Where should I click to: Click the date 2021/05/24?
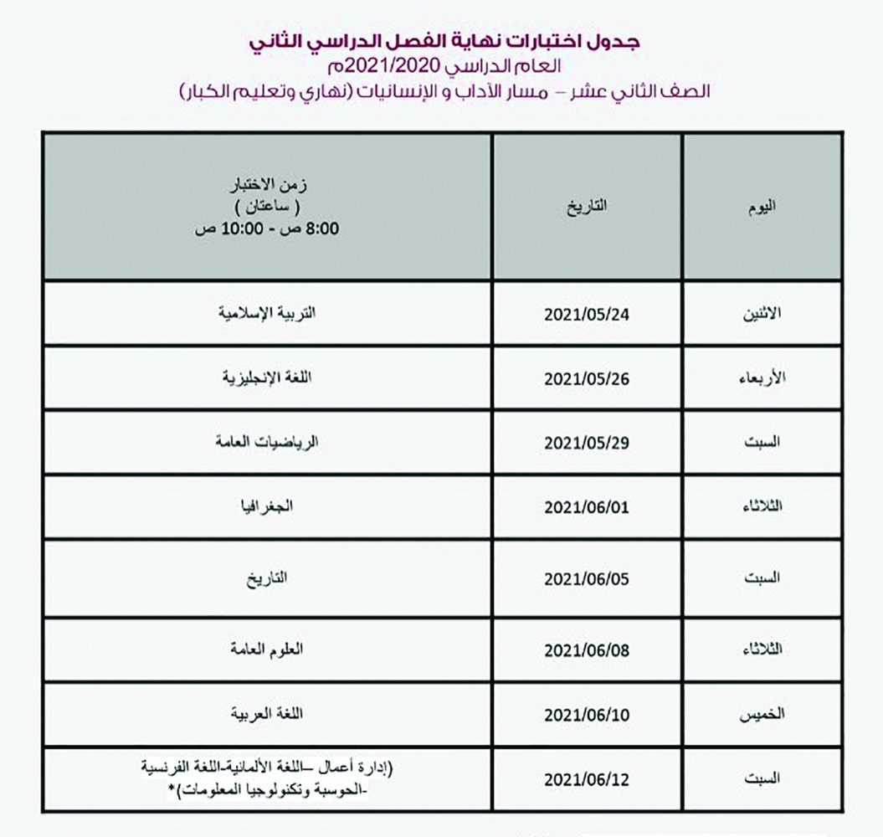tap(586, 315)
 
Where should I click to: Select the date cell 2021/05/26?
tap(586, 378)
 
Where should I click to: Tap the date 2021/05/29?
tap(586, 444)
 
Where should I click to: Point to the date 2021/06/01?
tap(586, 508)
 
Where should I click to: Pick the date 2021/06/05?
tap(586, 579)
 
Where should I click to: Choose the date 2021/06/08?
tap(586, 650)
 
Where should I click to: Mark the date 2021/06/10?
tap(586, 715)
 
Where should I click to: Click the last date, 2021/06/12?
tap(586, 779)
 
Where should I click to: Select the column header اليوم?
tap(761, 208)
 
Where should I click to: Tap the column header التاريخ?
tap(587, 207)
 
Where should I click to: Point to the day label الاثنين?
tap(758, 315)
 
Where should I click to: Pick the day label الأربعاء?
tap(757, 378)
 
